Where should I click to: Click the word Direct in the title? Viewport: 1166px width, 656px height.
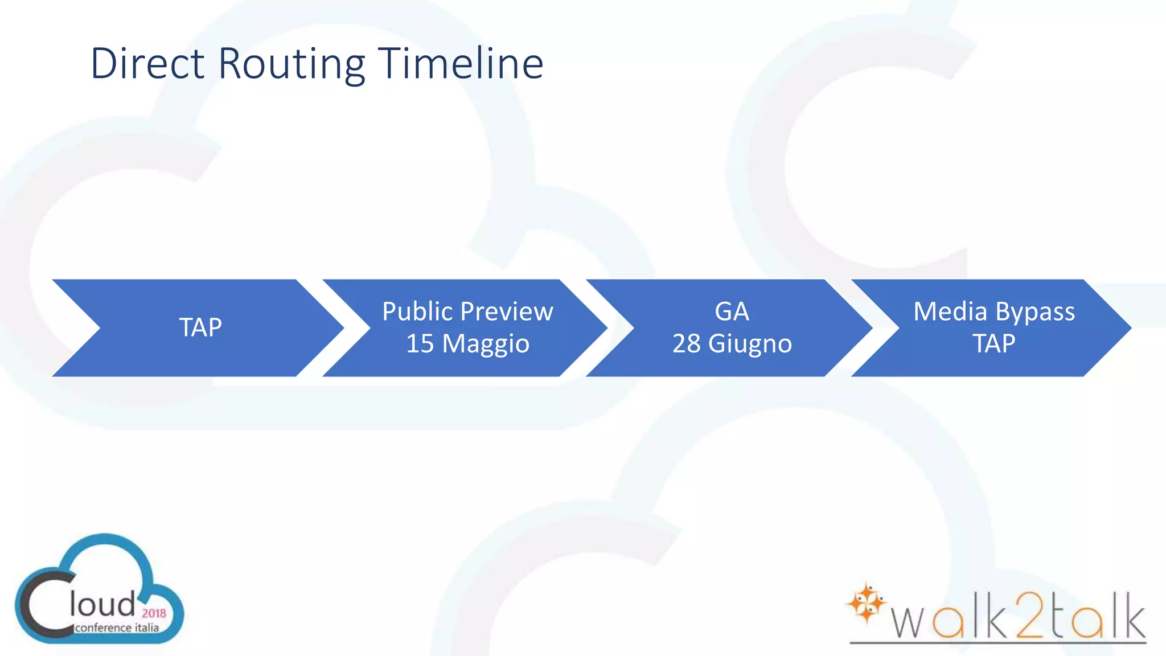(147, 63)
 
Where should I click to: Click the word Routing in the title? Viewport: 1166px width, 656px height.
(291, 64)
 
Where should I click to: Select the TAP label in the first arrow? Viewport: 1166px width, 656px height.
(200, 327)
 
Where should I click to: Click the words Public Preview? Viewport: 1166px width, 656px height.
(467, 311)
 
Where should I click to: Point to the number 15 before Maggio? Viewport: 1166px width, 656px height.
(420, 343)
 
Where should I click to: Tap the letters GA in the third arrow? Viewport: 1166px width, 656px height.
(732, 311)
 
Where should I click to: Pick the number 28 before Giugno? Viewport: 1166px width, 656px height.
(687, 343)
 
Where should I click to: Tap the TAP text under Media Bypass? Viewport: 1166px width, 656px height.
(993, 343)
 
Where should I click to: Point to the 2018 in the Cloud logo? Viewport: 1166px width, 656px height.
(154, 613)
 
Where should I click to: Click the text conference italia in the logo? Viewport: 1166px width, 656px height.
(117, 628)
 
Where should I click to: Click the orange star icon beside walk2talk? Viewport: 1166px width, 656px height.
(866, 602)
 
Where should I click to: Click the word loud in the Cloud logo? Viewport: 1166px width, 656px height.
(102, 605)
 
